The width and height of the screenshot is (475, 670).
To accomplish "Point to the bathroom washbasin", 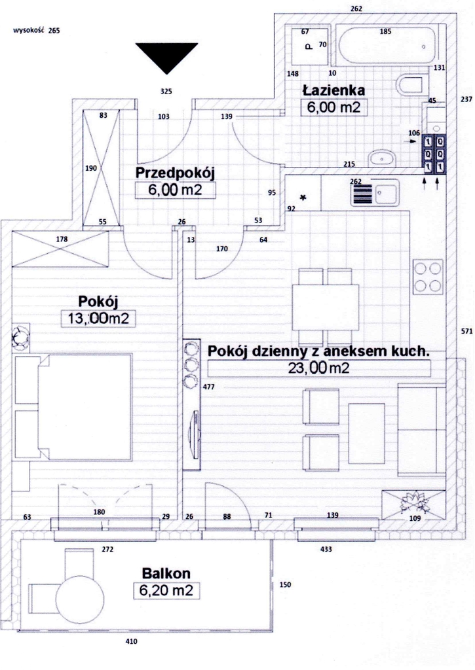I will pos(382,158).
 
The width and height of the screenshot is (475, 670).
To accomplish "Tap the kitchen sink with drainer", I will pos(373,193).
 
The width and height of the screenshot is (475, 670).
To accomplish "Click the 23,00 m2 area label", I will pos(318,368).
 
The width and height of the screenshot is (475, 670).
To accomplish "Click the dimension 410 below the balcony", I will pos(131,642).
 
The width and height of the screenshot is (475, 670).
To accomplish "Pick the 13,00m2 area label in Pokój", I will pos(98,319).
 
